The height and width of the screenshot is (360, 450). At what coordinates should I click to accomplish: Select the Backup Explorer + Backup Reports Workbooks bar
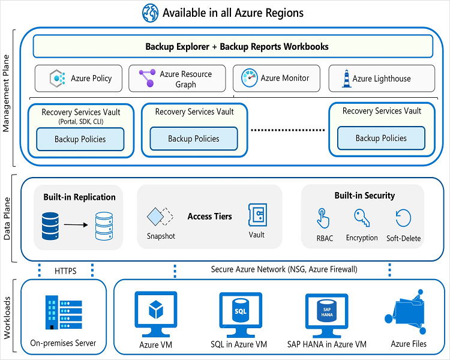pos(233,46)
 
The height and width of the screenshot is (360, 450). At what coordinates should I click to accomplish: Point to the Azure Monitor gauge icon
pos(249,78)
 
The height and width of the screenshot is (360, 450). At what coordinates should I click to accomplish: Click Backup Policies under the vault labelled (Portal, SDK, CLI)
pos(80,139)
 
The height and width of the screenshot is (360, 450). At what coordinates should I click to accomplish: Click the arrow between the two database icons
pos(75,224)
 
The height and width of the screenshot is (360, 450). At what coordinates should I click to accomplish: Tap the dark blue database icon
pos(50,225)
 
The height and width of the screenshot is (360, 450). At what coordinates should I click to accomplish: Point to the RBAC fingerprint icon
pos(323,218)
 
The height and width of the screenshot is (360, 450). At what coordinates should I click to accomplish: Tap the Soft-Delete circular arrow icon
pos(403,218)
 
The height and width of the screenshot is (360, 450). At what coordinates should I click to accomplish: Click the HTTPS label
pos(66,271)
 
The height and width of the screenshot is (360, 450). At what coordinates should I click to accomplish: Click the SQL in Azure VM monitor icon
pos(240,313)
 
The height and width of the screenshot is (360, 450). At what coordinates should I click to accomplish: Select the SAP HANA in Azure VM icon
pos(327,313)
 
